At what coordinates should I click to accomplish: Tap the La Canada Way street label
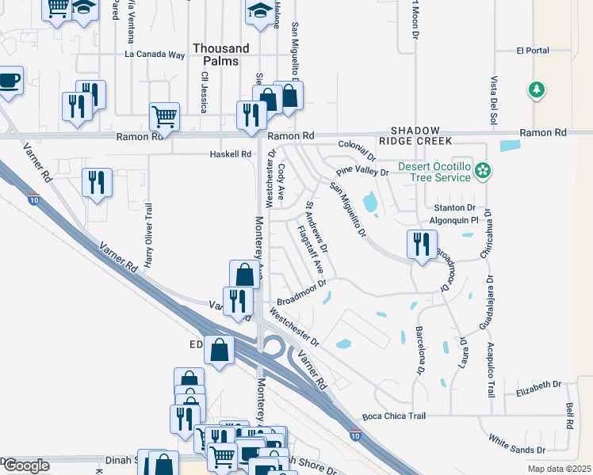click(x=155, y=55)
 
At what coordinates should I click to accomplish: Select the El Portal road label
click(x=532, y=51)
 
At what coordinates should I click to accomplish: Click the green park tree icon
click(x=538, y=89)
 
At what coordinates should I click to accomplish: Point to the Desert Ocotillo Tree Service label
click(x=434, y=172)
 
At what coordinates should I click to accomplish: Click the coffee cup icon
click(x=9, y=81)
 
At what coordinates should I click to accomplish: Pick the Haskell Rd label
click(x=230, y=154)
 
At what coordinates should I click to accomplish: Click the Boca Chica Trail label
click(x=394, y=416)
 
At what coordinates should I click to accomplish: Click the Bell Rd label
click(x=569, y=416)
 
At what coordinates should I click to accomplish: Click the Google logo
click(x=26, y=465)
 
